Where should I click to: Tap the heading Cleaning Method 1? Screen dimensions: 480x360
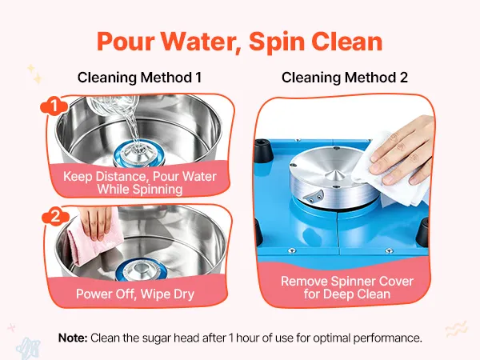click(x=139, y=78)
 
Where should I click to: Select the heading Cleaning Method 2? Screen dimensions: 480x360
click(x=345, y=78)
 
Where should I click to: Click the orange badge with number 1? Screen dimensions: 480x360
click(x=54, y=106)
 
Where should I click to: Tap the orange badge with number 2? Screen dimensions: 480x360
click(x=55, y=217)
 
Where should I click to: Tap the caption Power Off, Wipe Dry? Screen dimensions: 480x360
click(x=135, y=294)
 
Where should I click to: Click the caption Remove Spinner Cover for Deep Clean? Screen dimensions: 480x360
click(x=347, y=287)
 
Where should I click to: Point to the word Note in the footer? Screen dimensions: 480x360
click(x=73, y=338)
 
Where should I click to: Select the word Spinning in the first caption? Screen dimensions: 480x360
click(x=140, y=189)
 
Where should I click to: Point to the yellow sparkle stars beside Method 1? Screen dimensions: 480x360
click(x=35, y=74)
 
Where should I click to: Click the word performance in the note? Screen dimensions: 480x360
click(x=387, y=338)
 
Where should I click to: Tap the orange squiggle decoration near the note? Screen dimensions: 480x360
click(x=457, y=329)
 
